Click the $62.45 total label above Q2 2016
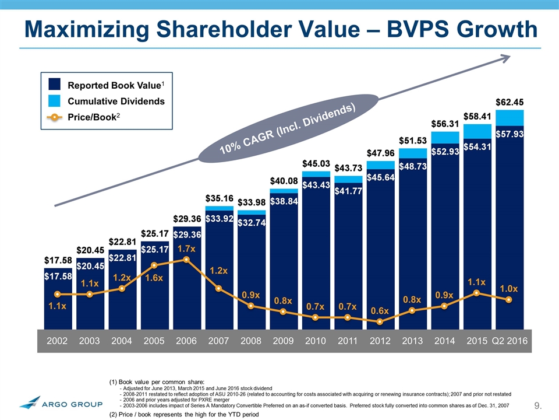coord(509,103)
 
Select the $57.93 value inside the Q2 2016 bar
coord(509,135)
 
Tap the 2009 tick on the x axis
coord(283,341)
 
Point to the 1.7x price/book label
coord(186,249)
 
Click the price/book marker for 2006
coord(186,260)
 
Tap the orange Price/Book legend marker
coord(53,117)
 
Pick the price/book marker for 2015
coord(477,293)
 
